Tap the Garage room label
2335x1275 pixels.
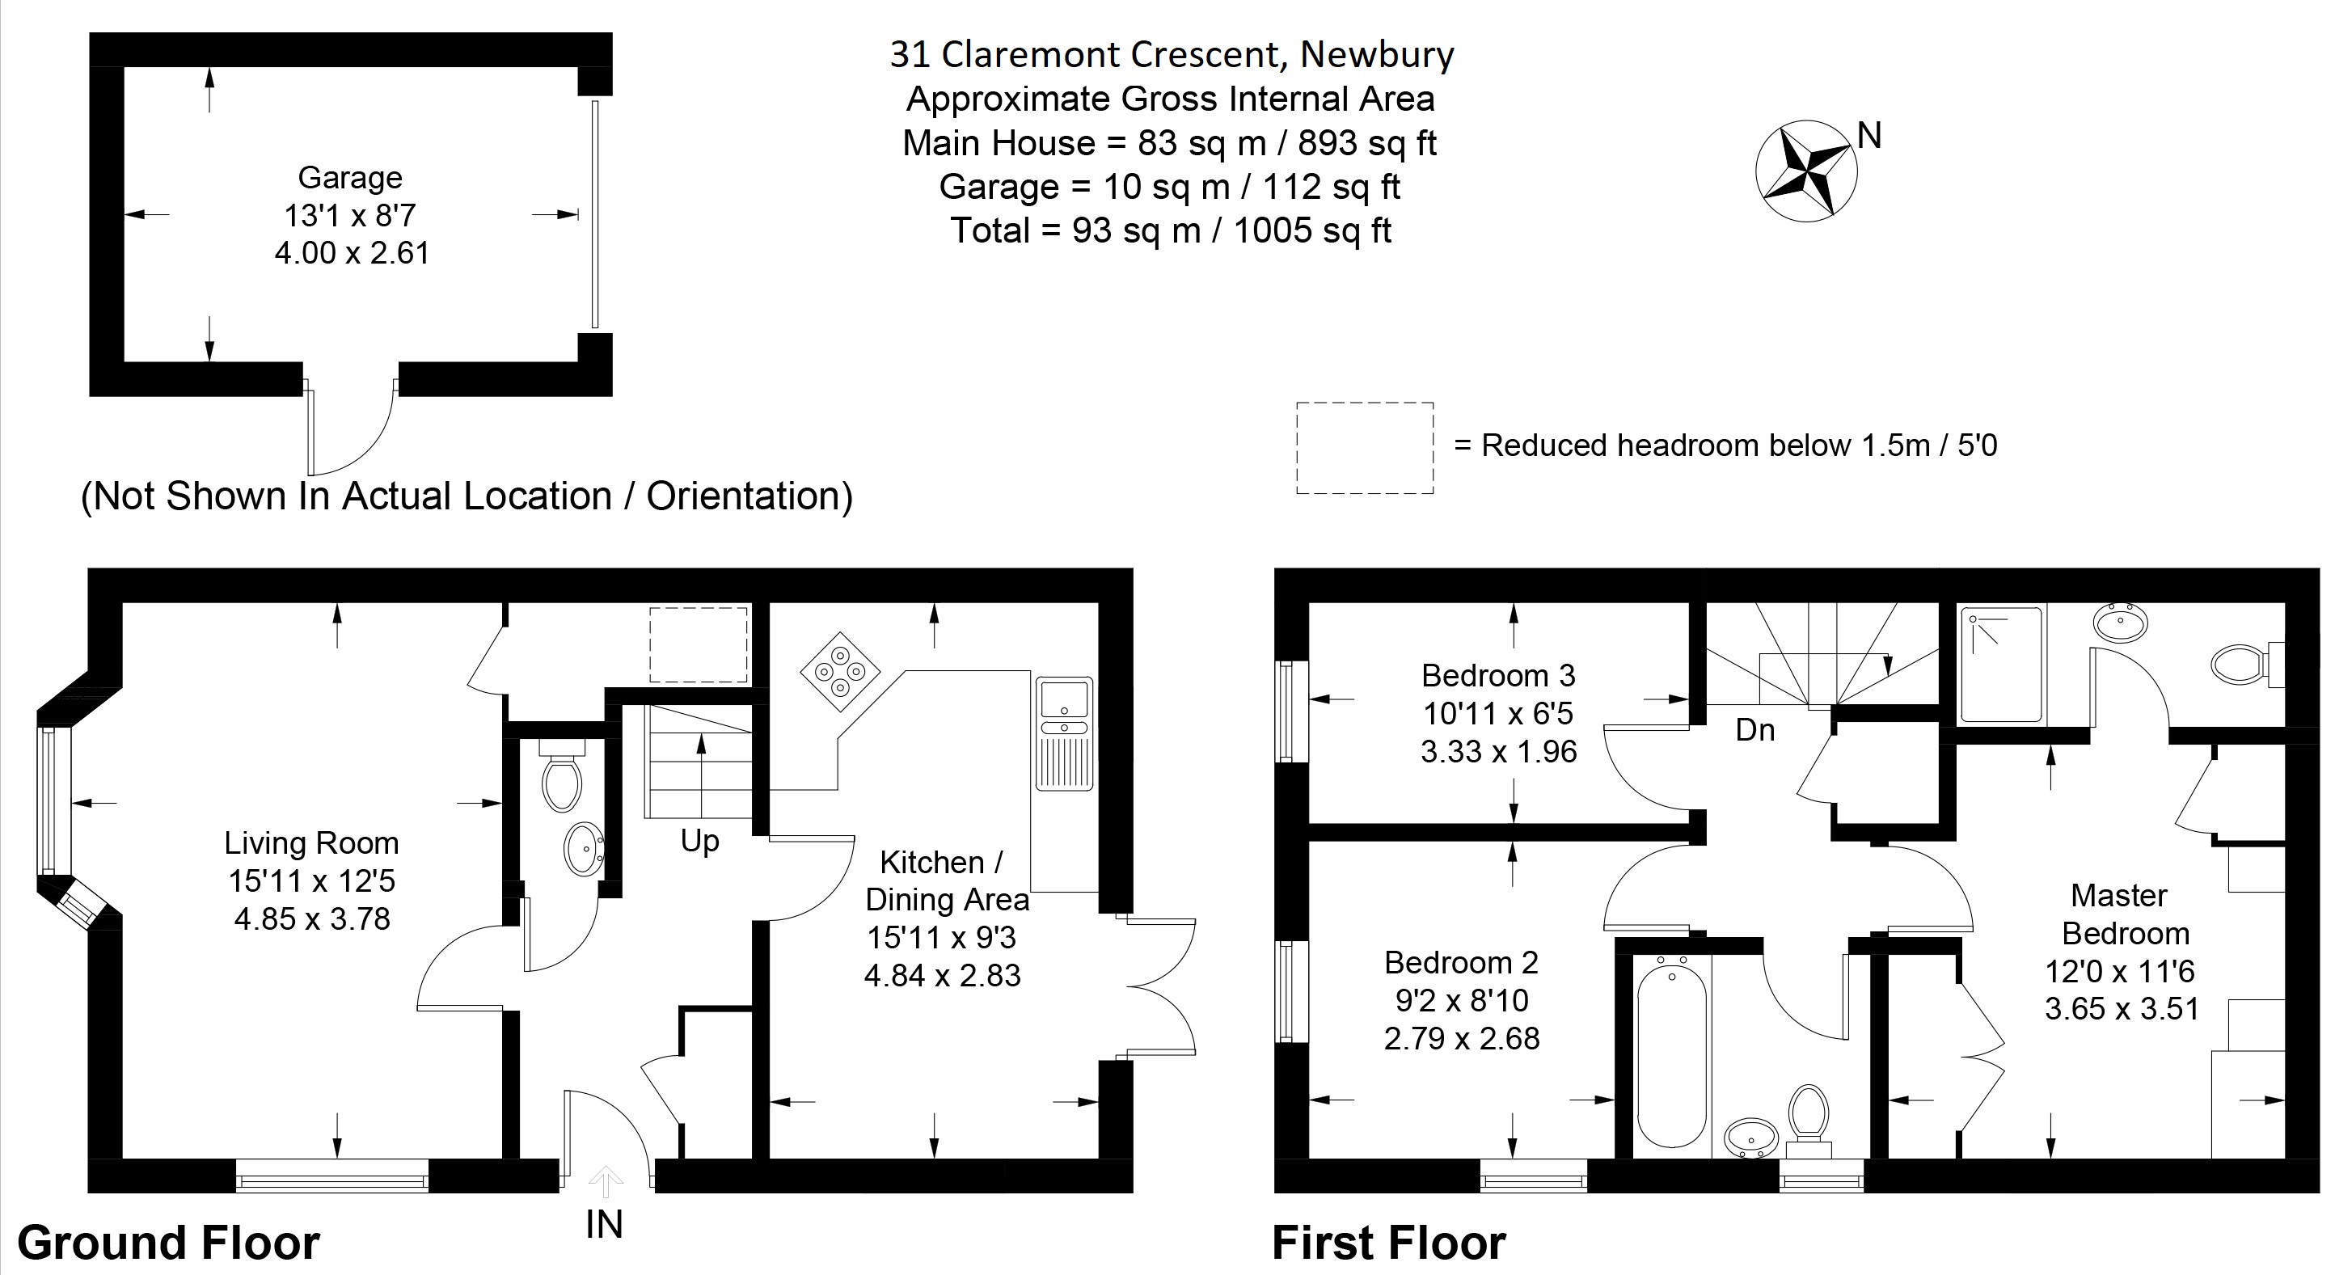coord(350,178)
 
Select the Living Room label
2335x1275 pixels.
coord(312,842)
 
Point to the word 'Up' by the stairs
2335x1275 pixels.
coord(700,841)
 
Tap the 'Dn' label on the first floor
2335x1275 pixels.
coord(1754,729)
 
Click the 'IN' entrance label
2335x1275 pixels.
coord(605,1225)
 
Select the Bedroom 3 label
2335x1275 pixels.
coord(1498,675)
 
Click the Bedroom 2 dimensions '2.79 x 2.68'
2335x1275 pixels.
coord(1461,1037)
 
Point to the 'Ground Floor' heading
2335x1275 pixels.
coord(169,1243)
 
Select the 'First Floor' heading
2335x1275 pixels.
coord(1389,1243)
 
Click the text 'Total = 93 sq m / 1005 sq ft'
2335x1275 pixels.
coord(1170,230)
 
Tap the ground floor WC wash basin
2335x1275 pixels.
coord(584,849)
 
